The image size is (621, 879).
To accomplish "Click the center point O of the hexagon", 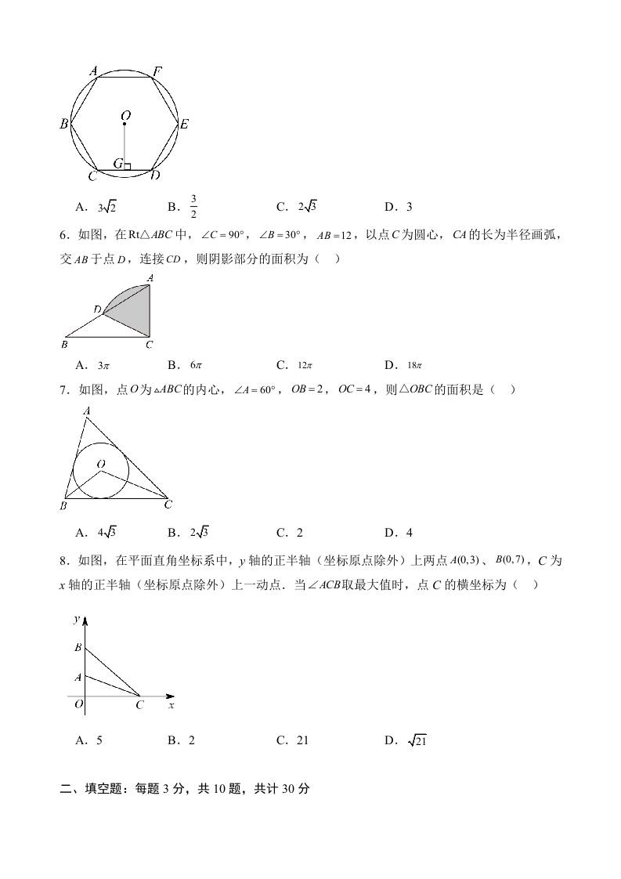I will (x=125, y=123).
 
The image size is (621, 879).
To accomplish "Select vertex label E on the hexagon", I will (x=183, y=124).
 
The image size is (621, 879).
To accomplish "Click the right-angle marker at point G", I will (x=127, y=166).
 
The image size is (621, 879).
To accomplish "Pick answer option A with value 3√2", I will (x=107, y=207).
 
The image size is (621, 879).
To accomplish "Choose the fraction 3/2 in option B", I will (x=193, y=207).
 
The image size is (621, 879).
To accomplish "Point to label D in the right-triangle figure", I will (x=97, y=310).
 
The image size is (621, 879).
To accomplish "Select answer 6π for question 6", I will (x=196, y=365).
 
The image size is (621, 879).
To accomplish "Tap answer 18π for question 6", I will (x=414, y=365).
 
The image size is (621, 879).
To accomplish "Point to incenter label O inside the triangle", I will (x=101, y=465).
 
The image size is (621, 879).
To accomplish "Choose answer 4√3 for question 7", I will (x=107, y=533).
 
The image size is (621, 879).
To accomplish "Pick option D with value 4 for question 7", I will (x=409, y=533).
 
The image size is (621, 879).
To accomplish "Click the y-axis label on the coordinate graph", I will (x=77, y=619).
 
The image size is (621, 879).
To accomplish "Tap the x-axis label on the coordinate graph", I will (x=171, y=705).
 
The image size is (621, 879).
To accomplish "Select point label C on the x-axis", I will (x=139, y=705).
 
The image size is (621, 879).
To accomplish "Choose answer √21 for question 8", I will (x=416, y=740).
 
